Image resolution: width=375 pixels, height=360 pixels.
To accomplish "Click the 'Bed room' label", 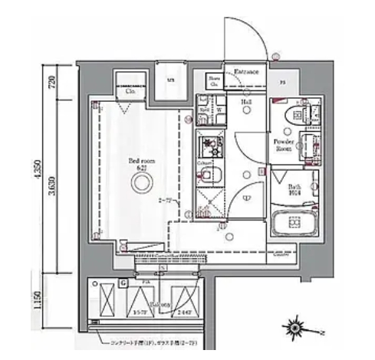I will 139,162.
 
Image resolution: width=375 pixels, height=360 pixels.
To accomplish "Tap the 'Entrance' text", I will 246,71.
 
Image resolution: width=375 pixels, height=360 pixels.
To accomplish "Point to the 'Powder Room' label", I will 285,145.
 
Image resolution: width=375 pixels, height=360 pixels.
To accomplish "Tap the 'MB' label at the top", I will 169,79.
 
